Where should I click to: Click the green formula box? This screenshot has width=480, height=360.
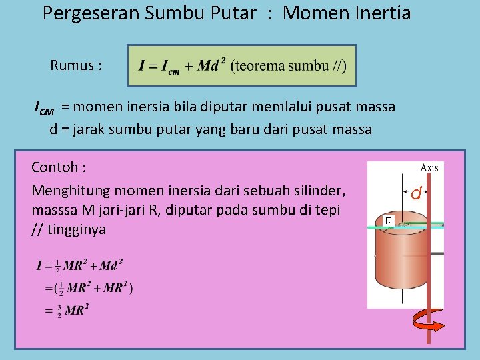click(x=242, y=65)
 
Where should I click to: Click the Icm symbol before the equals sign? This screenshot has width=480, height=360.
click(x=44, y=107)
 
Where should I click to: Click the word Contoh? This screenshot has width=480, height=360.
click(x=59, y=166)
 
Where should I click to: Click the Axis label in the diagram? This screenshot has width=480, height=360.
click(x=429, y=167)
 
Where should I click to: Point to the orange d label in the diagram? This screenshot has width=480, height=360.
click(x=415, y=194)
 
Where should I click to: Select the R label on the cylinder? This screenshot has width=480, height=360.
click(x=388, y=219)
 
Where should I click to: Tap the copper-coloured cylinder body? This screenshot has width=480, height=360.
click(x=399, y=260)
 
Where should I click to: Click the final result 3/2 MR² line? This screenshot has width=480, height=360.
click(x=67, y=310)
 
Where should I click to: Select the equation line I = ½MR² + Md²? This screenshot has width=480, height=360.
click(x=79, y=265)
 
